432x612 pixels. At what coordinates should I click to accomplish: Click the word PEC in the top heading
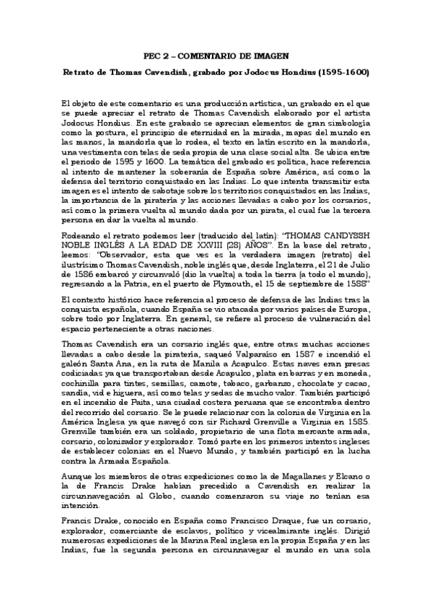pos(154,55)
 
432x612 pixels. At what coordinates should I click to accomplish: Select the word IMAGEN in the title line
pos(271,55)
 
